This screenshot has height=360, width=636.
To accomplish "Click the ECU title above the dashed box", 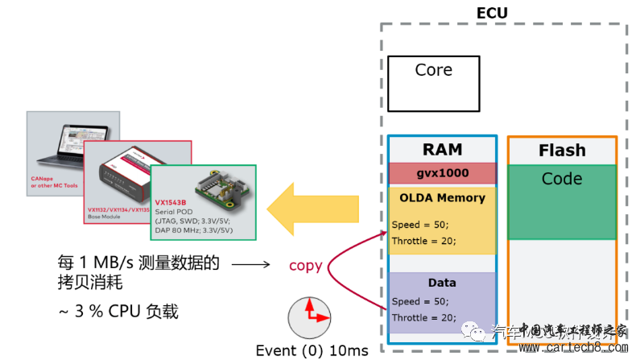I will pyautogui.click(x=492, y=13).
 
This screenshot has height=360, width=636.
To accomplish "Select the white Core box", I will pyautogui.click(x=433, y=83).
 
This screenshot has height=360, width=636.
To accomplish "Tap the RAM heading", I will pyautogui.click(x=442, y=150).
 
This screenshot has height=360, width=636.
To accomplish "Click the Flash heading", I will pyautogui.click(x=563, y=151).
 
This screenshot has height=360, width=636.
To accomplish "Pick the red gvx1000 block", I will pyautogui.click(x=442, y=173).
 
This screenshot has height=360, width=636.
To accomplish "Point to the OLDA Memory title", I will pyautogui.click(x=442, y=198).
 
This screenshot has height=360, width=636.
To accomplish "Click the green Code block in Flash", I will pyautogui.click(x=562, y=201).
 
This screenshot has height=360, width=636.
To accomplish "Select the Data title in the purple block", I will pyautogui.click(x=442, y=283).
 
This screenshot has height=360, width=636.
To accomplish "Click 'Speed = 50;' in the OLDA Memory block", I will pyautogui.click(x=418, y=225).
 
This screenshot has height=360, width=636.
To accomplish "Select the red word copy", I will pyautogui.click(x=305, y=265).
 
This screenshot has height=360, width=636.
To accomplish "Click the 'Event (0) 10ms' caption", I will pyautogui.click(x=312, y=350).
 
